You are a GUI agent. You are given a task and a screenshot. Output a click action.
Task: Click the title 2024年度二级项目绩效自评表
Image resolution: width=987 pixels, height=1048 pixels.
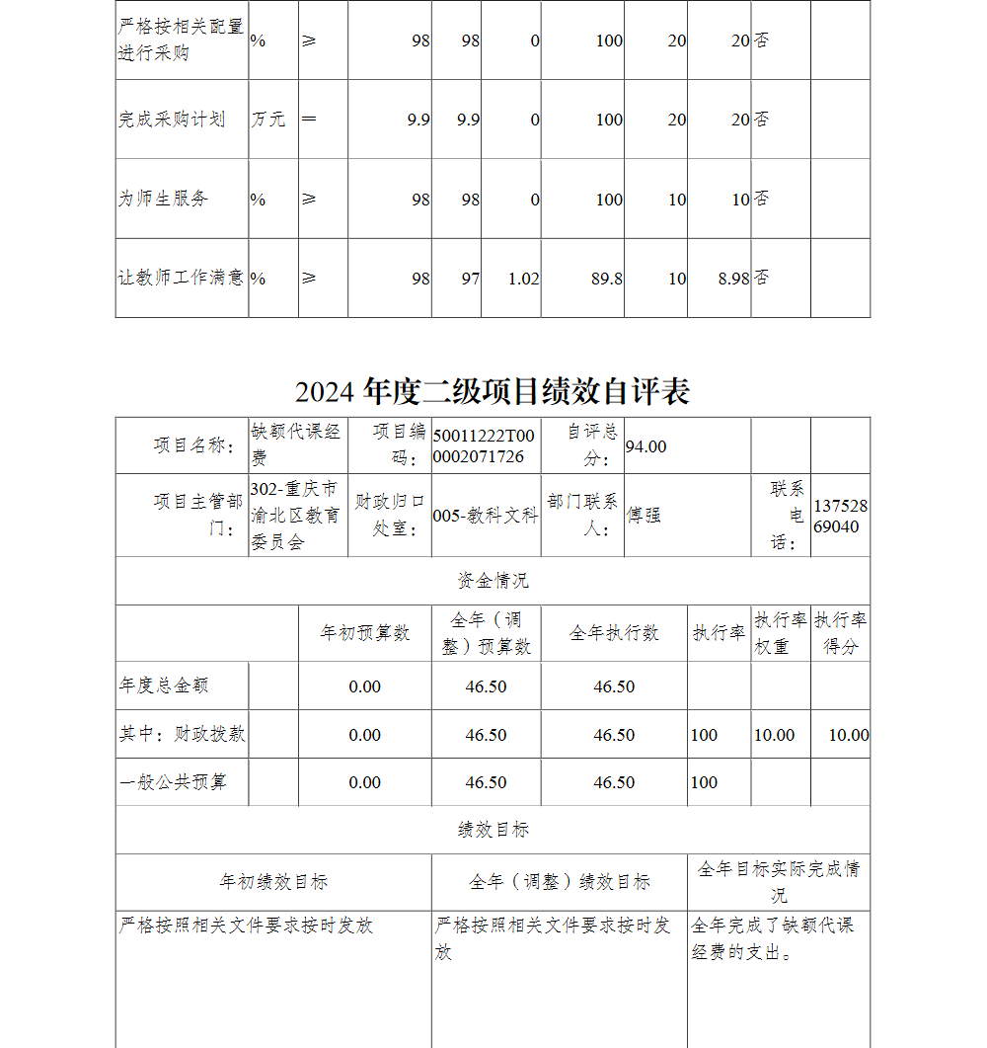coord(493,392)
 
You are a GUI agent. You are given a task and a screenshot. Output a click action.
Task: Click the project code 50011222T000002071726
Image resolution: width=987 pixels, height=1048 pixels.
coord(479,445)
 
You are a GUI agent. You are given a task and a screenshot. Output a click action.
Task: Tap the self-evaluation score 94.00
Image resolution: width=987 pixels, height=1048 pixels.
coord(645,446)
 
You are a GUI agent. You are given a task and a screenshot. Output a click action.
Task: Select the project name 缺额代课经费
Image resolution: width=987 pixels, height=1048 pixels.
coord(296,444)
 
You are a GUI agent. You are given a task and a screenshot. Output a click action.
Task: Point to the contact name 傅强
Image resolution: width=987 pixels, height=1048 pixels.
coord(645,515)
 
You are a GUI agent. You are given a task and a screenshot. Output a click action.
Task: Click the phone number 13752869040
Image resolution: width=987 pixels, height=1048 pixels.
coord(840,516)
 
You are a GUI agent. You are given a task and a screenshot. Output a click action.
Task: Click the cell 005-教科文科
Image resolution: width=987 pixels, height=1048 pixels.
coord(485,515)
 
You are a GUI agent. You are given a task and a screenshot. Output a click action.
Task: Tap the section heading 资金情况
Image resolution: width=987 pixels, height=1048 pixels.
coord(493,581)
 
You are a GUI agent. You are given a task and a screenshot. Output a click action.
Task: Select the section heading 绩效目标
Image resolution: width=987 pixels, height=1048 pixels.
coord(493,830)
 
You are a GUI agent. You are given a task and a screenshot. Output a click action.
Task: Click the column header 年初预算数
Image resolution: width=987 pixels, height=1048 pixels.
coord(364,633)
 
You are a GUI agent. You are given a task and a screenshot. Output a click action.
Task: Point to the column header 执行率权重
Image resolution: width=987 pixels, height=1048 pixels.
coord(780,633)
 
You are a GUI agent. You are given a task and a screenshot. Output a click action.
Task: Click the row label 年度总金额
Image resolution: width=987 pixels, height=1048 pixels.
coord(164,685)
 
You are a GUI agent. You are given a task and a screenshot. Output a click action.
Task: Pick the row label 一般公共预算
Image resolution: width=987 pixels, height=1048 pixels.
coord(174,782)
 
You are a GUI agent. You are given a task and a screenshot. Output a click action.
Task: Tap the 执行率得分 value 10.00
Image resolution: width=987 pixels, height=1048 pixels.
coord(848,735)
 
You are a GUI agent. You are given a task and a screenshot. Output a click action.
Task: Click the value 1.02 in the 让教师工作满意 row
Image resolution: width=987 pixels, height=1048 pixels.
coord(523,279)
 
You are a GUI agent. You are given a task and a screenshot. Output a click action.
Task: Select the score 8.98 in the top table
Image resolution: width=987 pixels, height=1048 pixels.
coord(733,279)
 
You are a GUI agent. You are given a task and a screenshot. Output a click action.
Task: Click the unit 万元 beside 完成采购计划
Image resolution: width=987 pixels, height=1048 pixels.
coord(267,120)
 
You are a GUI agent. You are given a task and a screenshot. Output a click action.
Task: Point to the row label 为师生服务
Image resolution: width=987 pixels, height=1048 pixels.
coord(164,199)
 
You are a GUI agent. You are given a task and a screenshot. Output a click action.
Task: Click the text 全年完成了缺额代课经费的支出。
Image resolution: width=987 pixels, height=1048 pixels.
coord(773,938)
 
